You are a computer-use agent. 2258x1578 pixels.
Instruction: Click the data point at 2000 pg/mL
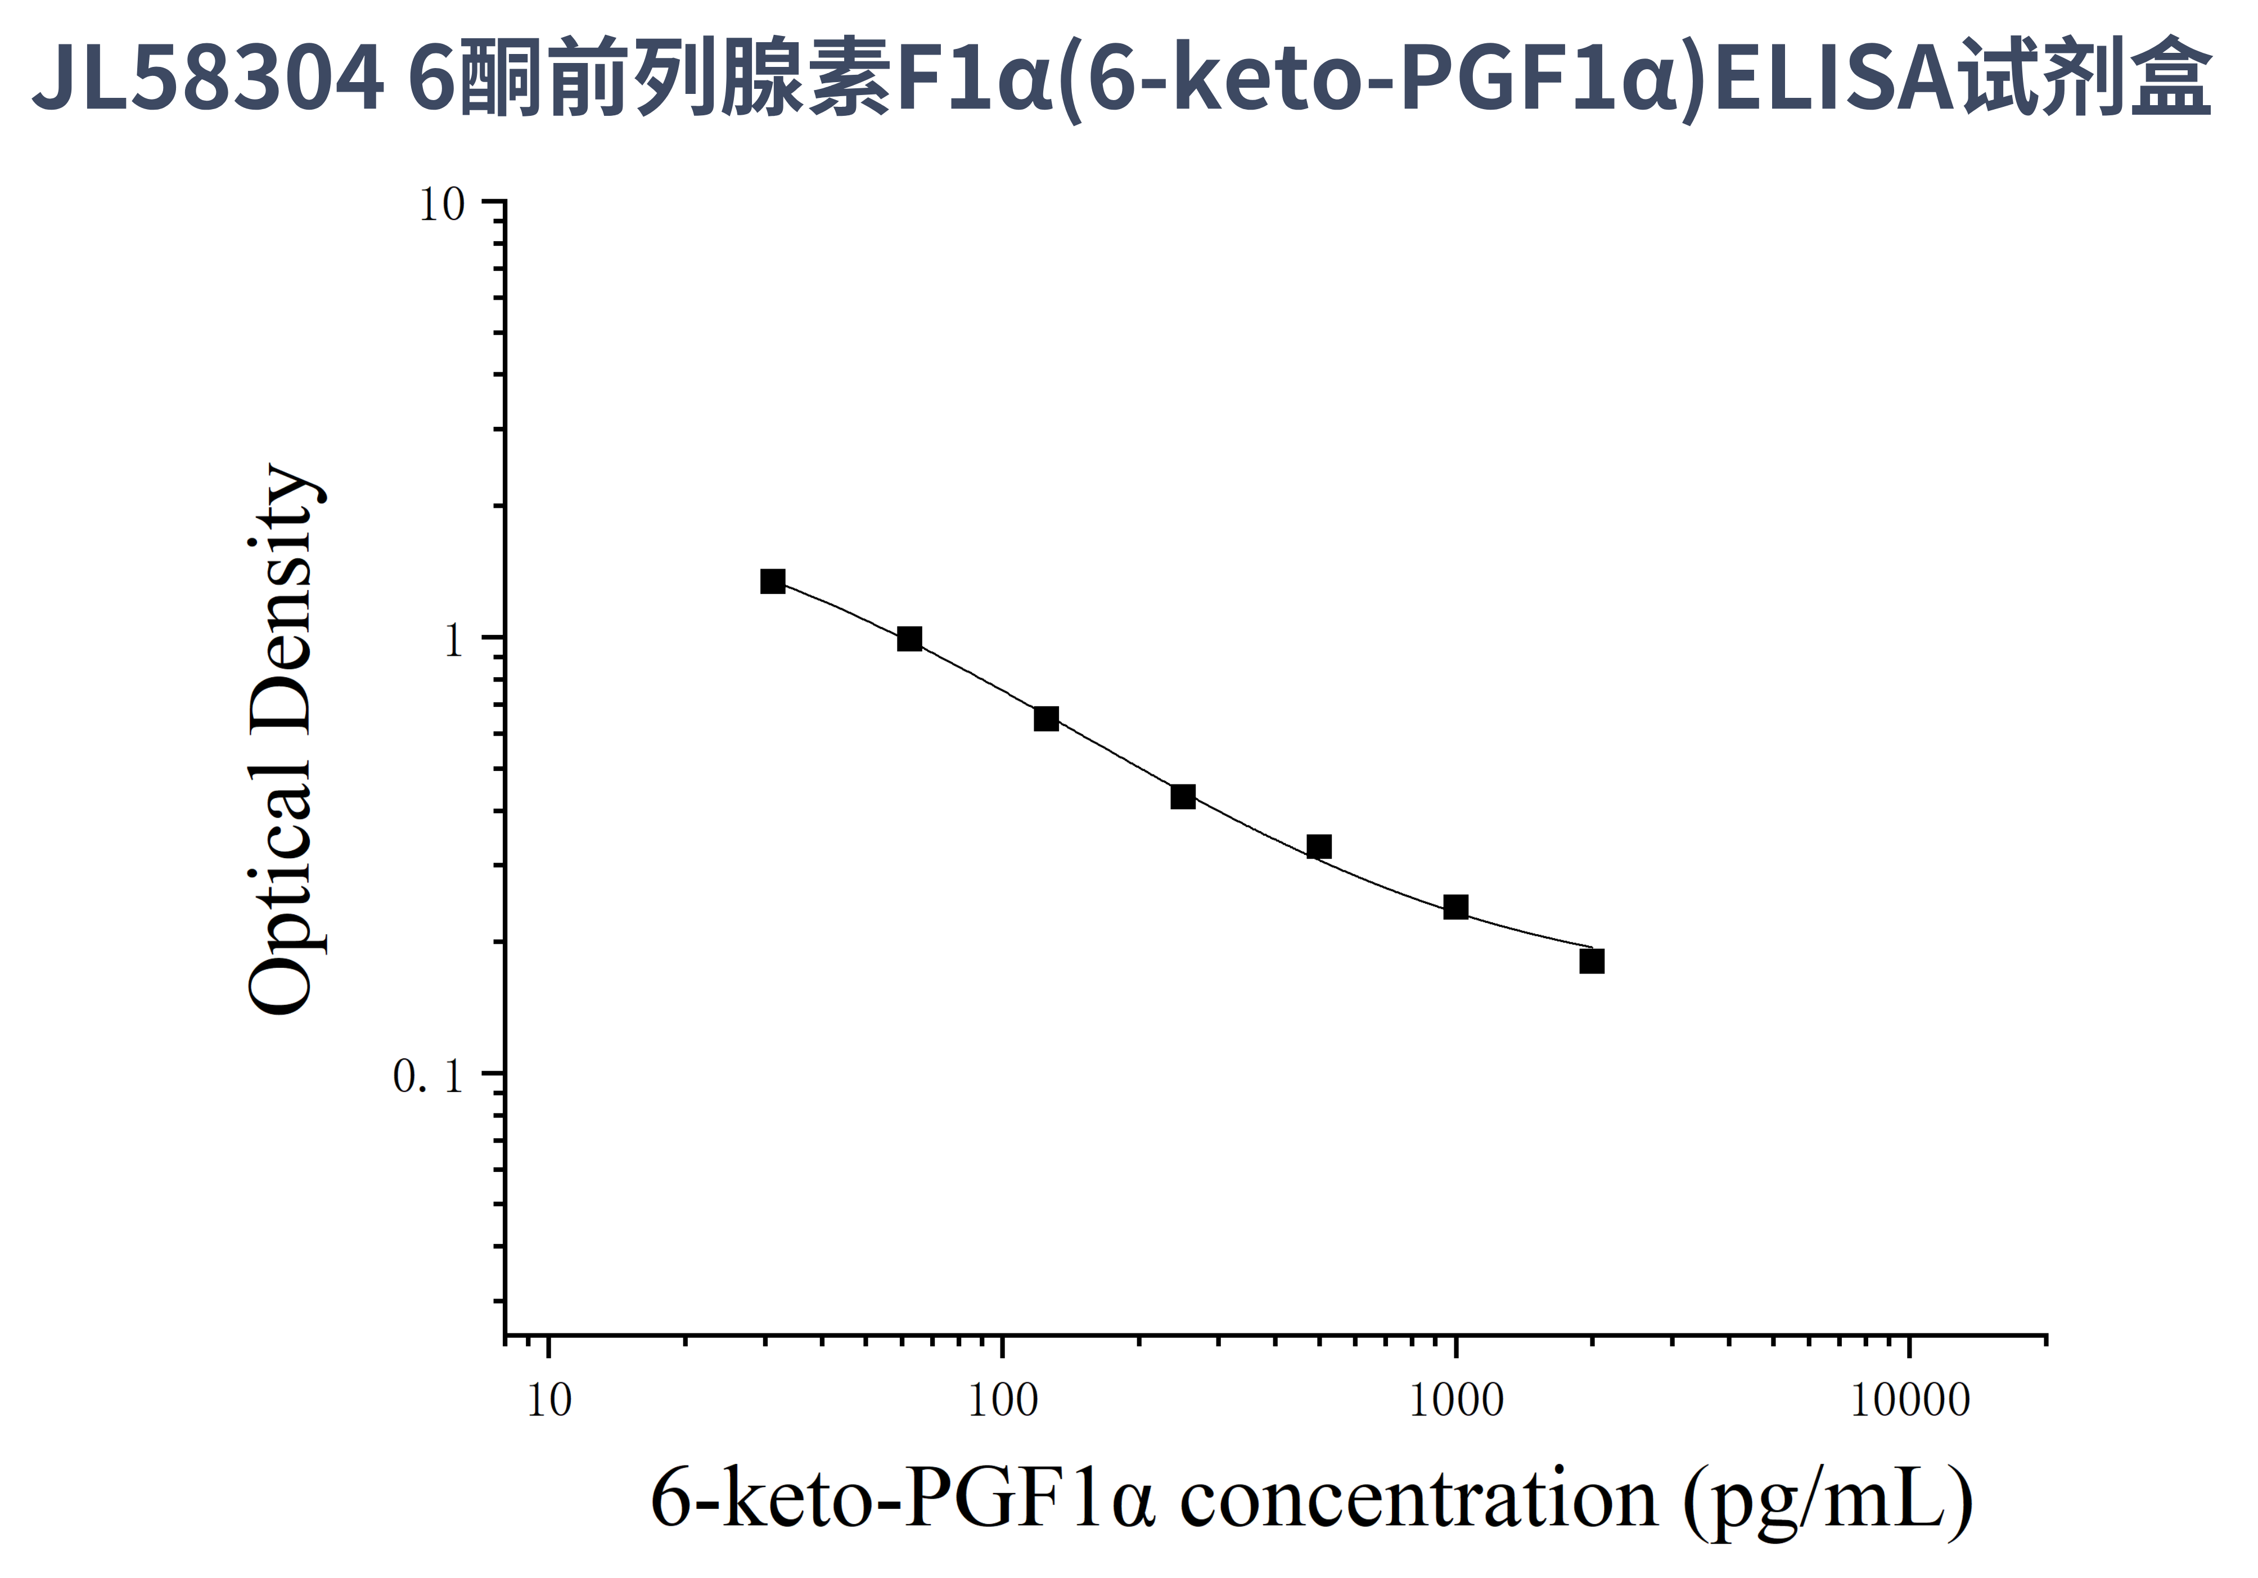pos(1592,961)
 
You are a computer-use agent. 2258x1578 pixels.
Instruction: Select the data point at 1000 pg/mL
pos(1455,907)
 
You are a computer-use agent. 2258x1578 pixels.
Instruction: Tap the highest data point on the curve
pos(773,581)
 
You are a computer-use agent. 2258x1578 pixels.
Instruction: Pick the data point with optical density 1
pos(910,639)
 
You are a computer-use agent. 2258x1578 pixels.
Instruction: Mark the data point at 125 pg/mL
pos(1047,719)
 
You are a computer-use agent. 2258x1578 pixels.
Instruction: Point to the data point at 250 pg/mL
pos(1183,796)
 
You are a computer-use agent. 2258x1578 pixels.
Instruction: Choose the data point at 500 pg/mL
pos(1319,846)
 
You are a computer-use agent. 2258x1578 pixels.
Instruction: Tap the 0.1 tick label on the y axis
pos(429,1076)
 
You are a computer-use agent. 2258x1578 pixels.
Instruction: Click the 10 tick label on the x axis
pos(549,1401)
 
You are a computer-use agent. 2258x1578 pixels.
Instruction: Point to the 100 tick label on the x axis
pos(1002,1401)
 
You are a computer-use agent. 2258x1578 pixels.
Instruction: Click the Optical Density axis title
pos(282,740)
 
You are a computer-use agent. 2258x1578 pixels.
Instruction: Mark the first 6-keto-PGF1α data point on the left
pos(773,581)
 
